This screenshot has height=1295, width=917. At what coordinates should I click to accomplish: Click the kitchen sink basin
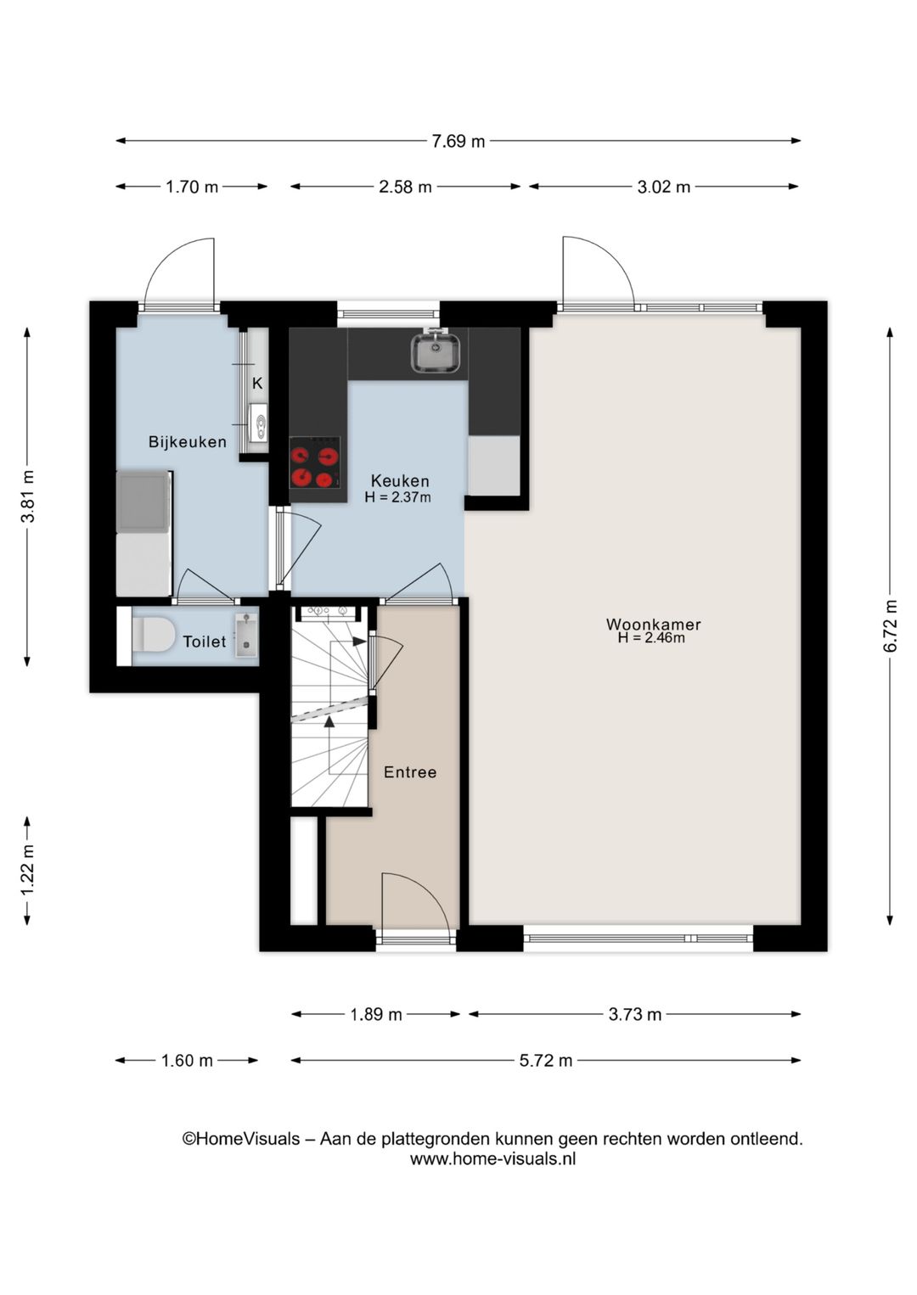tap(436, 352)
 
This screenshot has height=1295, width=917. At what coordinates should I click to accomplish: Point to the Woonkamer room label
tap(653, 624)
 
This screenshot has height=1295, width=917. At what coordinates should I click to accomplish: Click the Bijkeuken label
tap(188, 441)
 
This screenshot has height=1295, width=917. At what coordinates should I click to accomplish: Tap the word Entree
tap(409, 771)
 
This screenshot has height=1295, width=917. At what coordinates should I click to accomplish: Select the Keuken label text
tap(400, 480)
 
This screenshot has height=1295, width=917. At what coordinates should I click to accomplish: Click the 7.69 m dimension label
tap(458, 141)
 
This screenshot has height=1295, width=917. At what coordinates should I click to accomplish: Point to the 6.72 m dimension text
tap(890, 626)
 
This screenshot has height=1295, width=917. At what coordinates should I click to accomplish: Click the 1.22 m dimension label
tap(27, 870)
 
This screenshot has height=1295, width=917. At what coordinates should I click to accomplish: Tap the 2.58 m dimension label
tap(405, 187)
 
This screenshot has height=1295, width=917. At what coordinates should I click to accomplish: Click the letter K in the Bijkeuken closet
tap(257, 384)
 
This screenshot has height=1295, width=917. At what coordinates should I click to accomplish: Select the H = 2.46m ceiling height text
tap(651, 637)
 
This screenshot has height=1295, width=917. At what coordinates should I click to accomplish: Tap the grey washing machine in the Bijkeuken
tap(143, 502)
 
